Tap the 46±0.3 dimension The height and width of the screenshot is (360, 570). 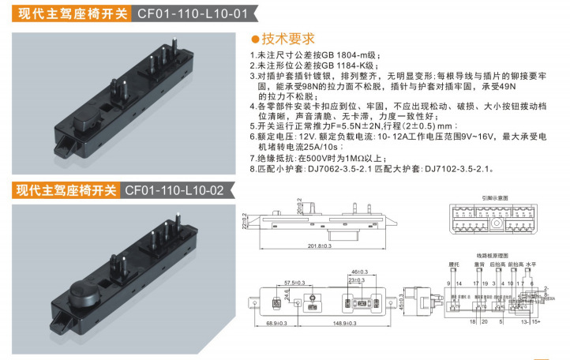(x=360, y=270)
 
